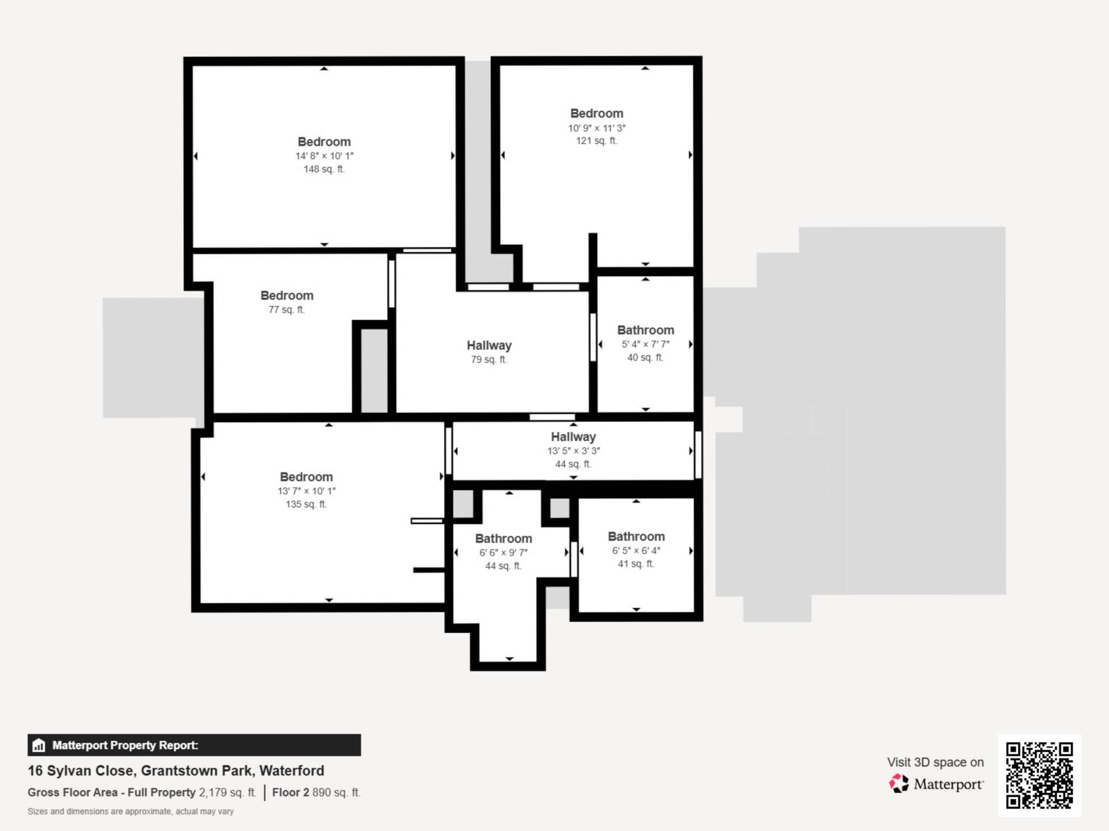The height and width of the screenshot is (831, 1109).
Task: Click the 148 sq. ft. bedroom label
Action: coord(324,141)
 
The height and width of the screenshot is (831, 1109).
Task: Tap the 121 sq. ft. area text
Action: coord(597,140)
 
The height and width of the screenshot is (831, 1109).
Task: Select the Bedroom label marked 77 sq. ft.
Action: coord(287,295)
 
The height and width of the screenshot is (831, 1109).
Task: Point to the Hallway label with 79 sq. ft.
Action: coord(489,345)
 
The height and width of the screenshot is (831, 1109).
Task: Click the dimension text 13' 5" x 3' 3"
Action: coord(574,451)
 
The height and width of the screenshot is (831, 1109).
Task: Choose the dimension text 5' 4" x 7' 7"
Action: coord(646,344)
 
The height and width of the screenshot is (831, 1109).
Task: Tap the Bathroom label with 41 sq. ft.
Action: coord(637,536)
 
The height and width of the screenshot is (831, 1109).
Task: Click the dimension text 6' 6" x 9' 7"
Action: coord(503,552)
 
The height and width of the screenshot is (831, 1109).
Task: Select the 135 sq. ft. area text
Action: coord(306,504)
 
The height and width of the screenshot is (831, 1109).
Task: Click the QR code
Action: coord(1040,775)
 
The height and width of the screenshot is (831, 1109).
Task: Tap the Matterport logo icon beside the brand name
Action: coord(899,784)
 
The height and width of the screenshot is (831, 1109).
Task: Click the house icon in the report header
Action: coord(39,745)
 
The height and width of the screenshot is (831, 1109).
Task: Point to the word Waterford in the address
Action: coord(292,770)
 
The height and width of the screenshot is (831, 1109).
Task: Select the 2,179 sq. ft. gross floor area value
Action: coord(228,792)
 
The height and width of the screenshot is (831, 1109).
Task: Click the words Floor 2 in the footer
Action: coord(291,792)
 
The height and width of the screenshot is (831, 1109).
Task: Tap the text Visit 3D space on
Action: coord(936,762)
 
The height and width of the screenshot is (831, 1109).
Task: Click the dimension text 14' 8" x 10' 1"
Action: coord(325,156)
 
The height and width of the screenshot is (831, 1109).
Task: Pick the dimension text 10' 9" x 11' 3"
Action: coord(597,128)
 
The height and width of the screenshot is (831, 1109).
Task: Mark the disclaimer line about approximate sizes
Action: coord(131,811)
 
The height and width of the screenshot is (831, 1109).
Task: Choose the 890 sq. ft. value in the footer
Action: coord(337,792)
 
